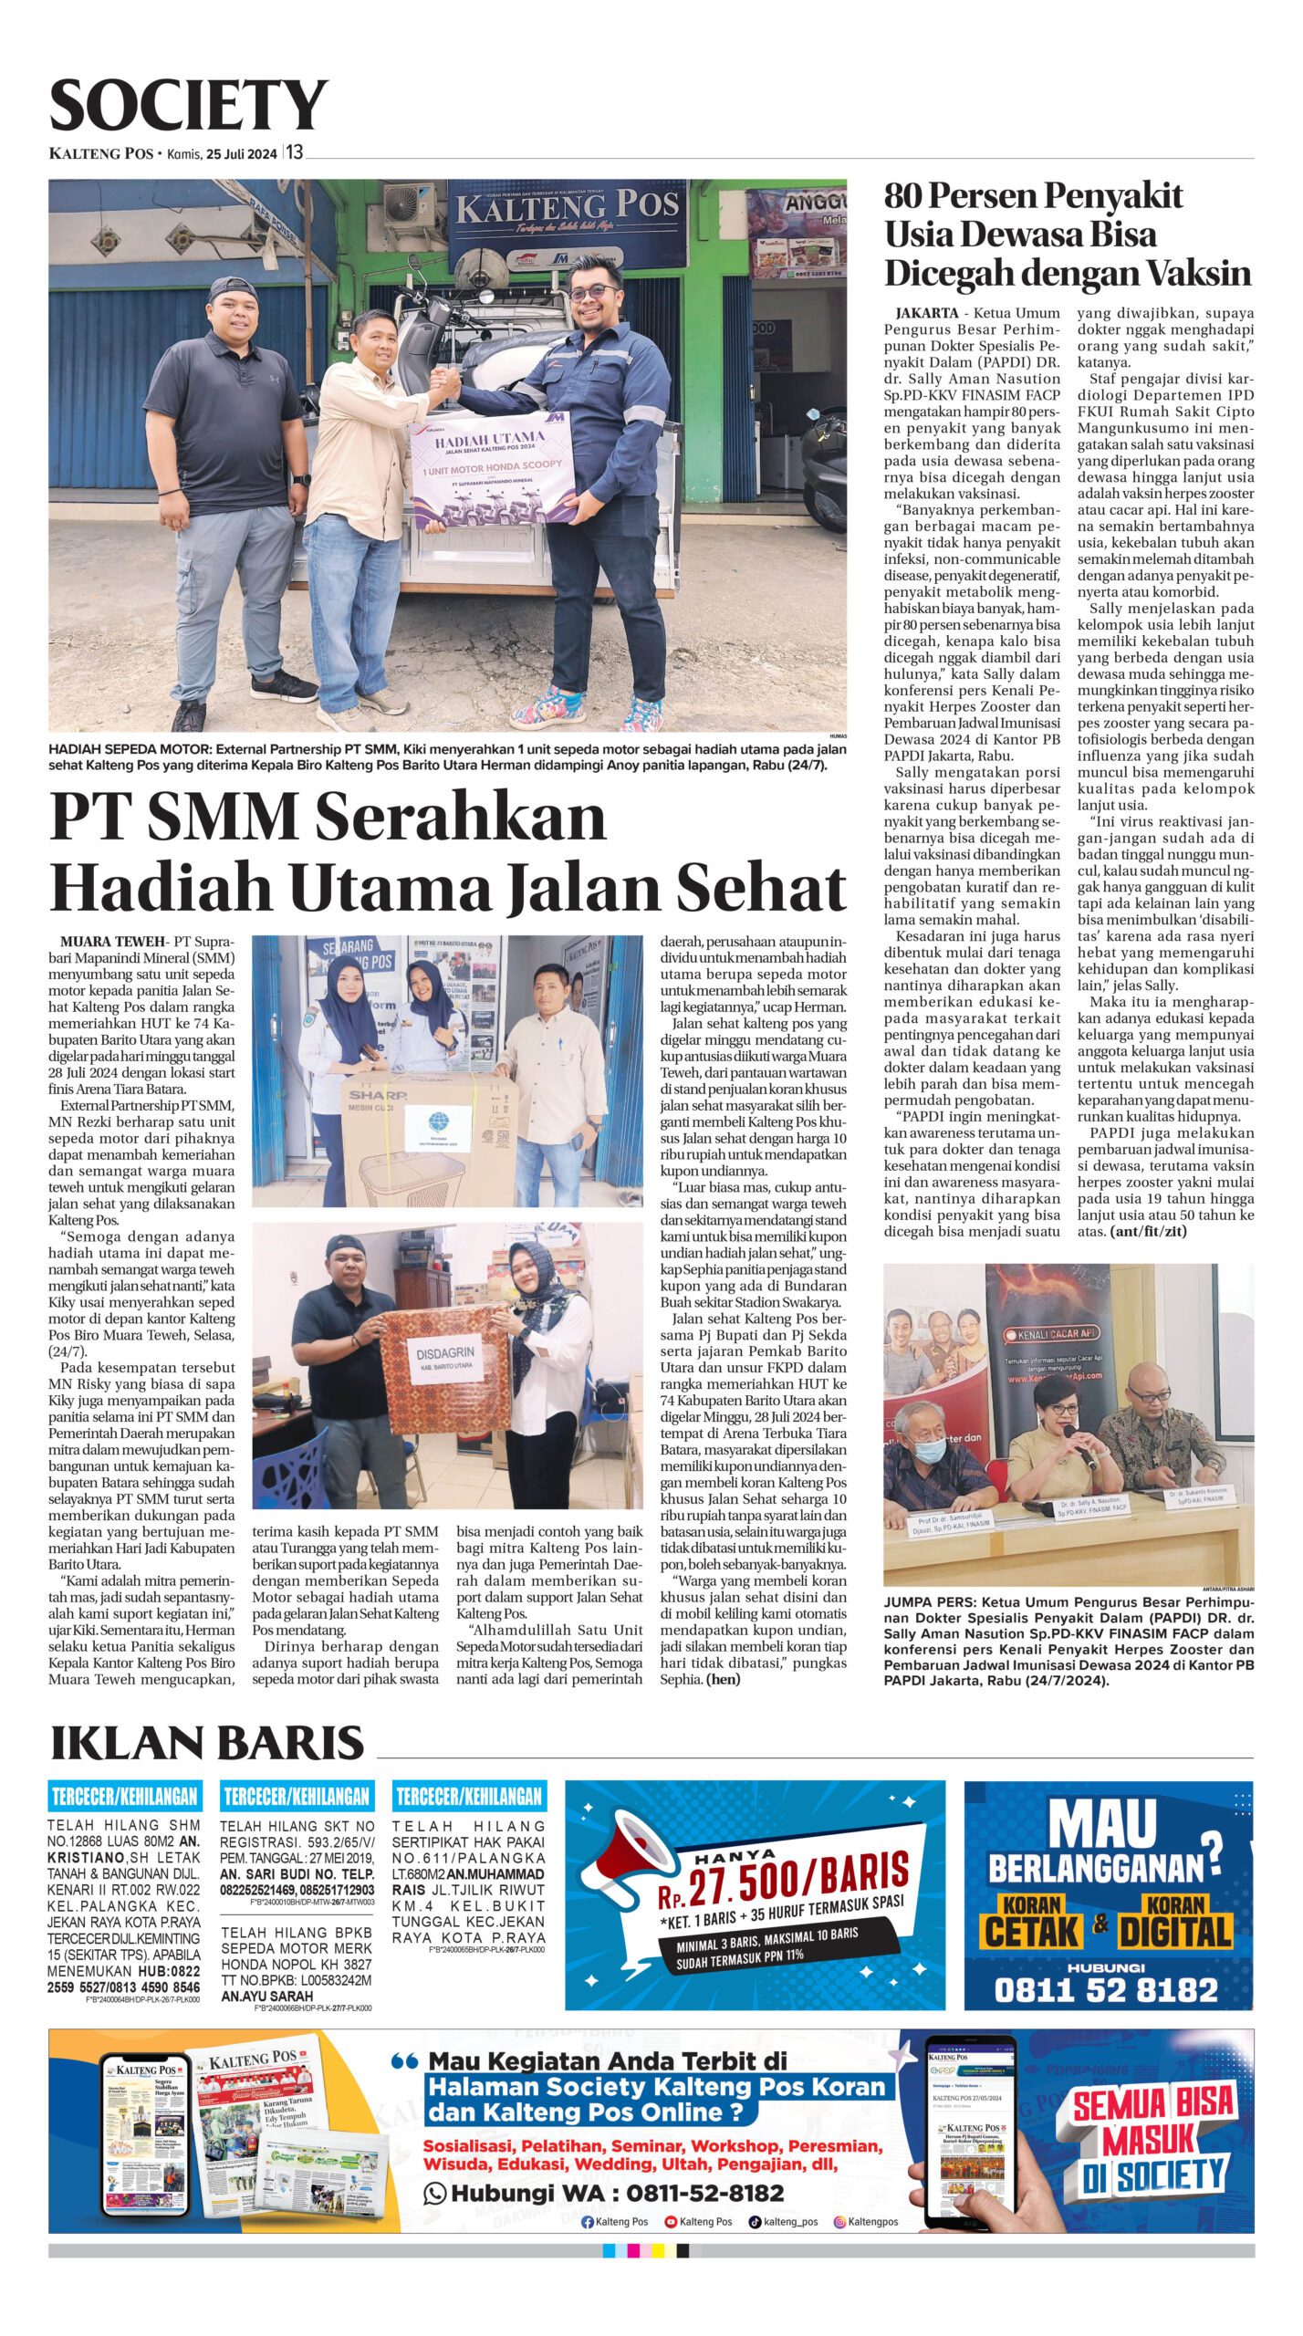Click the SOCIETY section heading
point(188,107)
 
